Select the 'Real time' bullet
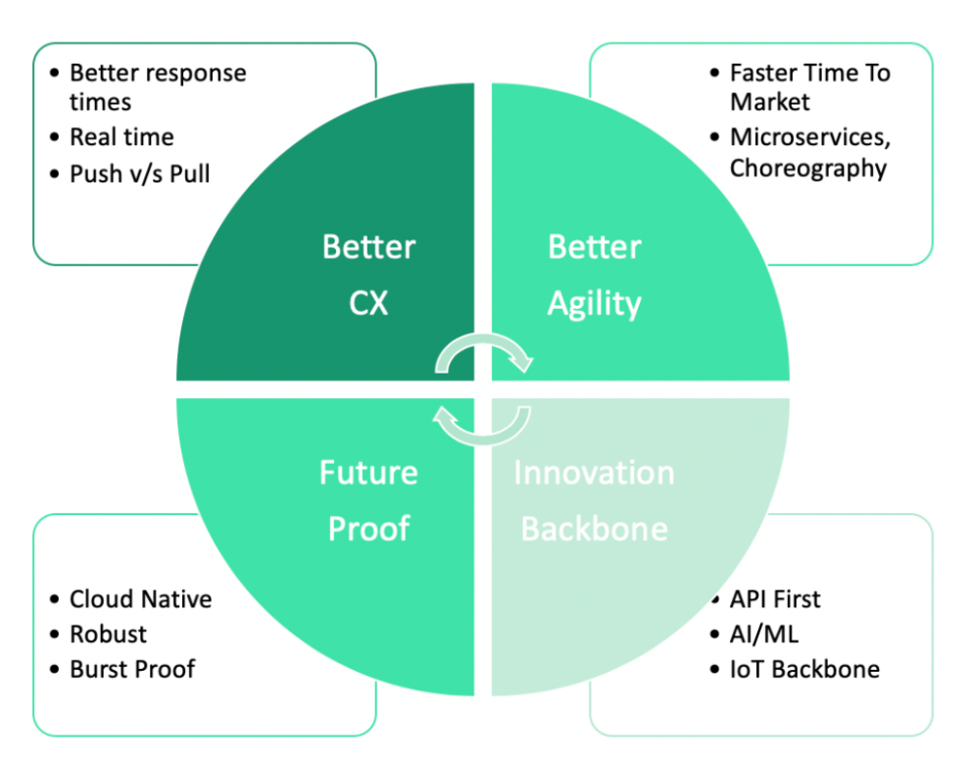tap(121, 137)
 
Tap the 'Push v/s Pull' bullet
tap(139, 175)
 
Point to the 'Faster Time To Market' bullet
tap(809, 87)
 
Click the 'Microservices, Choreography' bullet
tap(807, 152)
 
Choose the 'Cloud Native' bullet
tap(140, 598)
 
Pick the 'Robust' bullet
tap(108, 634)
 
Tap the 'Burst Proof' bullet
tap(132, 669)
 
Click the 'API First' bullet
tap(775, 598)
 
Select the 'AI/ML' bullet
tap(764, 634)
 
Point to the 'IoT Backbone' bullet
tap(803, 669)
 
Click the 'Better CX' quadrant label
tap(368, 275)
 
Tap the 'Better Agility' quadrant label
tap(594, 275)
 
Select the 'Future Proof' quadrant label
tap(368, 500)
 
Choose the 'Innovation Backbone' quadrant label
tap(594, 500)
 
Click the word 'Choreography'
tap(807, 168)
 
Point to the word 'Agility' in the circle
tap(594, 304)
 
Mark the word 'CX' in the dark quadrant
tap(368, 304)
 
